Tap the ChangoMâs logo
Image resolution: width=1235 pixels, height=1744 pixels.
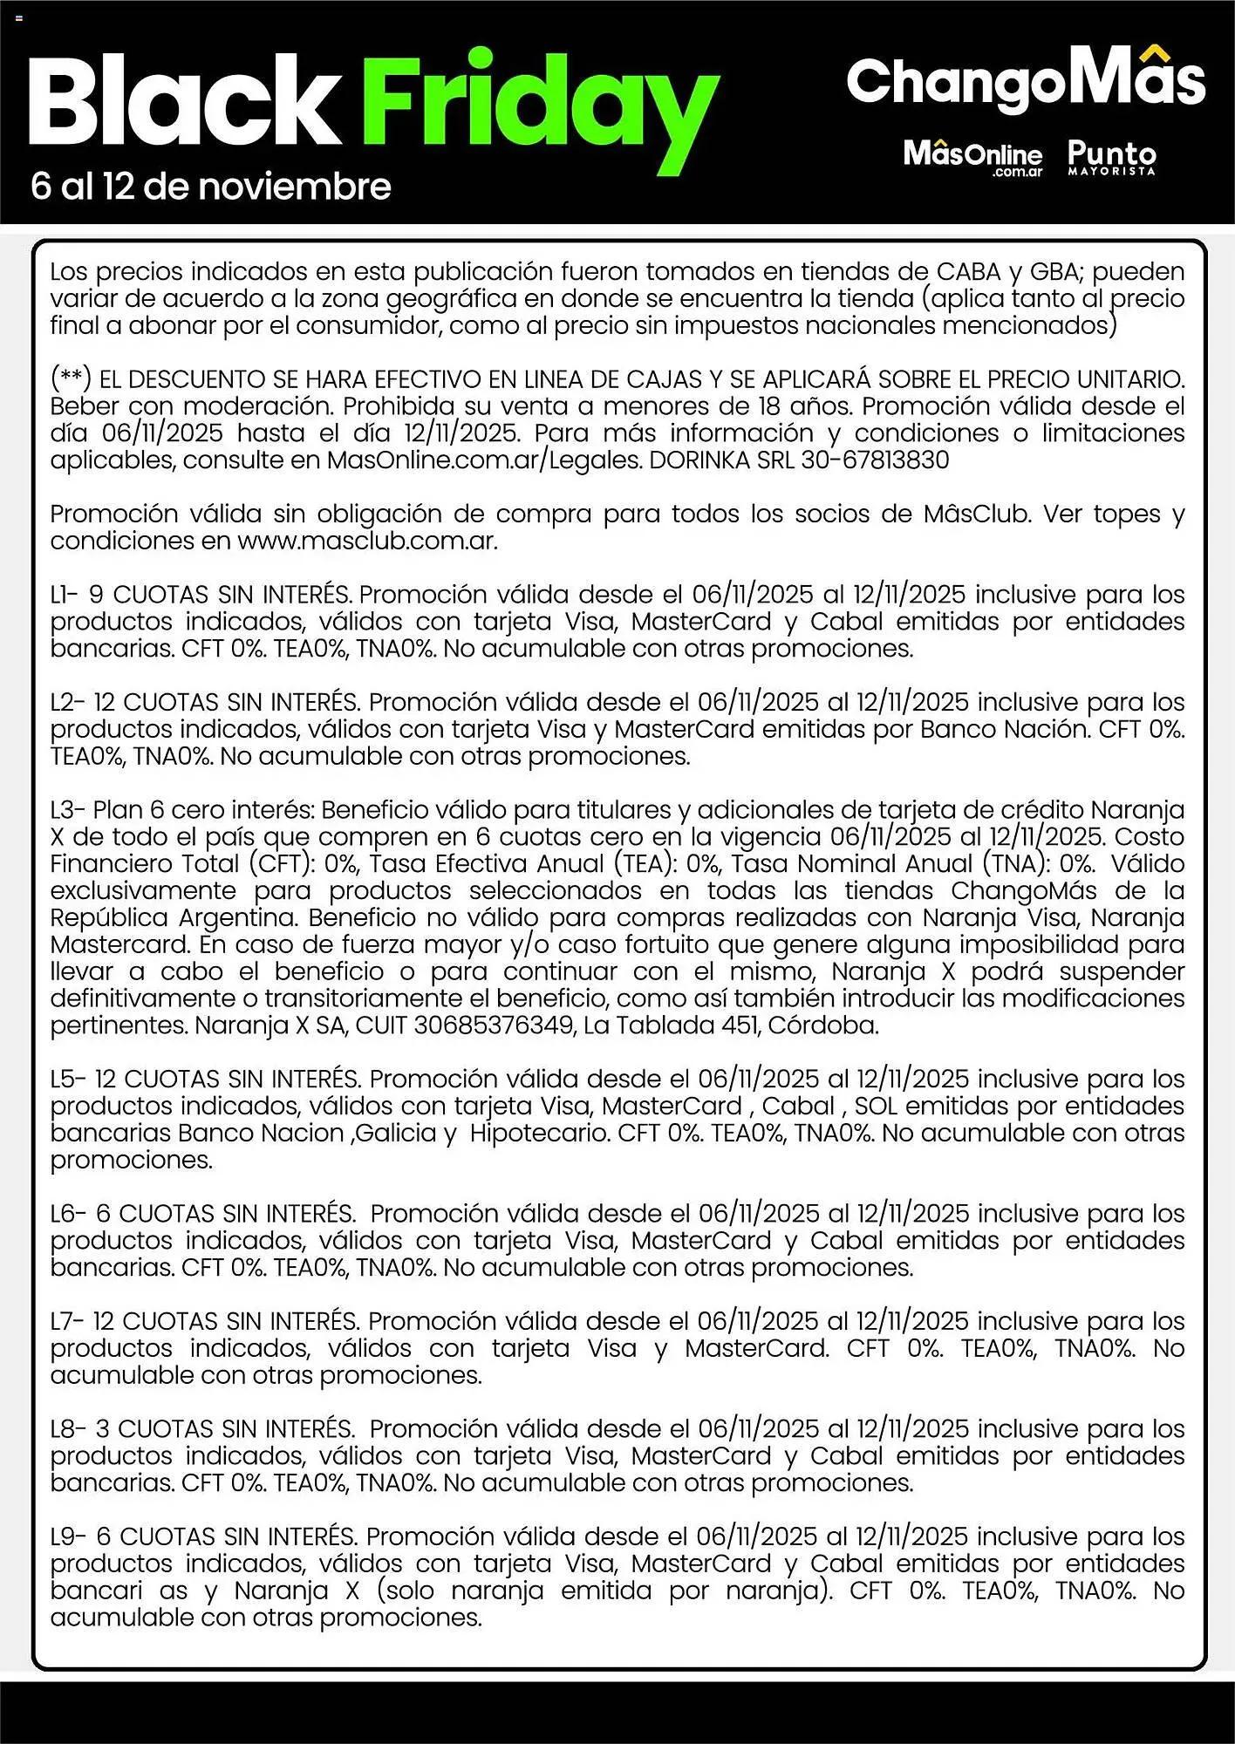point(1026,80)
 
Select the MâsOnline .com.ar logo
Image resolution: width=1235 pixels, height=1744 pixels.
point(972,158)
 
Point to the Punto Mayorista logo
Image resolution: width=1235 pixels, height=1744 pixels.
point(1111,158)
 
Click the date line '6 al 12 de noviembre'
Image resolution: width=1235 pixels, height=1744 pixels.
point(210,187)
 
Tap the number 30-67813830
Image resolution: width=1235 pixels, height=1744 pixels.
point(875,460)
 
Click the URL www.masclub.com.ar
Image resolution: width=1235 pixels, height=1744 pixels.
point(367,542)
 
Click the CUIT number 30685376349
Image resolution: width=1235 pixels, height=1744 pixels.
point(494,1025)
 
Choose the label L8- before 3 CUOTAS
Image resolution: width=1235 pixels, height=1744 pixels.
point(66,1429)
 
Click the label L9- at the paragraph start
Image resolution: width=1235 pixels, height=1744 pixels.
point(66,1536)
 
